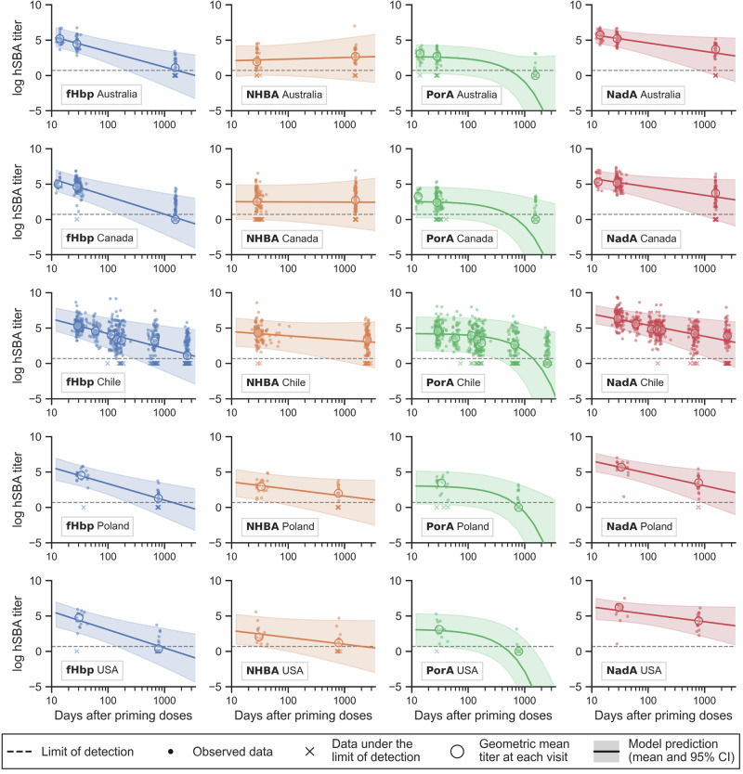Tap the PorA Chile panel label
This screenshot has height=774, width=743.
[x=449, y=382]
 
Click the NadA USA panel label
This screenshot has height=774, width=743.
[x=632, y=670]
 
